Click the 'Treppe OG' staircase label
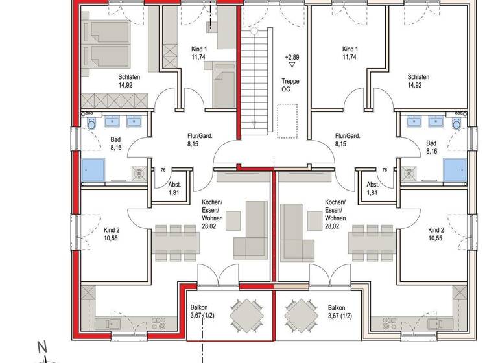click(286, 85)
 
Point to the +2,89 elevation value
click(292, 57)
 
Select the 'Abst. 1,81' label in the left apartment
click(156, 188)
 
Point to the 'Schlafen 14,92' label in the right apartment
click(419, 80)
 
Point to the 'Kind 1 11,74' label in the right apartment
click(351, 53)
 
